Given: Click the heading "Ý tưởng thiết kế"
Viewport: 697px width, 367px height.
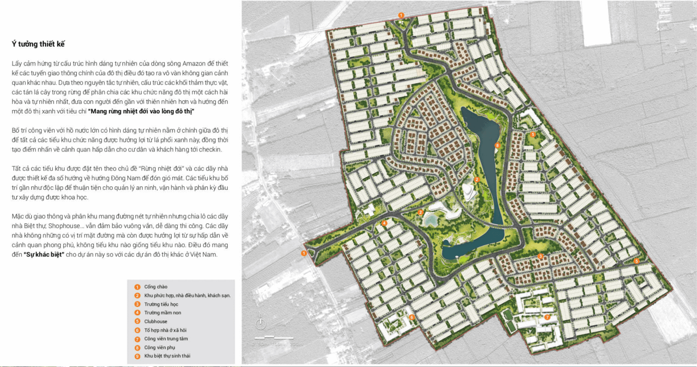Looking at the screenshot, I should point(38,44).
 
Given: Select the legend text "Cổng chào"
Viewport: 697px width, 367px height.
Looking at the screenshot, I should point(156,287).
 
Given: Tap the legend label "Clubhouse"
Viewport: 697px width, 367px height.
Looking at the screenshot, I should point(156,322).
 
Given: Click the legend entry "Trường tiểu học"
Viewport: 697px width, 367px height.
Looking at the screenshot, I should point(161,304).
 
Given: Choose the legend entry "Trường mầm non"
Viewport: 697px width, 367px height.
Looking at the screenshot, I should point(162,313).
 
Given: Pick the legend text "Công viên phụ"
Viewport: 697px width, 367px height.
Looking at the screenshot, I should point(159,347).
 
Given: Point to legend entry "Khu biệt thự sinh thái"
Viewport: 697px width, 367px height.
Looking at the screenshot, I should point(167,356).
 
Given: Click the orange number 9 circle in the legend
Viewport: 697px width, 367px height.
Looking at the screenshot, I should point(137,357).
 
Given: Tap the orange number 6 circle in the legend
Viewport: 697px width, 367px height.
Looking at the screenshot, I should point(137,330).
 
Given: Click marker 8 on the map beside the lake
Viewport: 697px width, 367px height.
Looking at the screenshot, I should point(497,145).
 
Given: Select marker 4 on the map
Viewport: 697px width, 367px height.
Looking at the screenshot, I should point(384,223).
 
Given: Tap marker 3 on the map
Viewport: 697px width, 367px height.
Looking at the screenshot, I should point(540,256).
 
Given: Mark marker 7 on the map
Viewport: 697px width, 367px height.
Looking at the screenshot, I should point(547,317).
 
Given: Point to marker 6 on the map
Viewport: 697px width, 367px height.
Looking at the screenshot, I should point(412,317).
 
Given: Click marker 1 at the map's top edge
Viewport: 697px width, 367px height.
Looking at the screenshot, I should point(401,15).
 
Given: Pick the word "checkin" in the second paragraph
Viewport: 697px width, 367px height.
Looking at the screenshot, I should point(210,149).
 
